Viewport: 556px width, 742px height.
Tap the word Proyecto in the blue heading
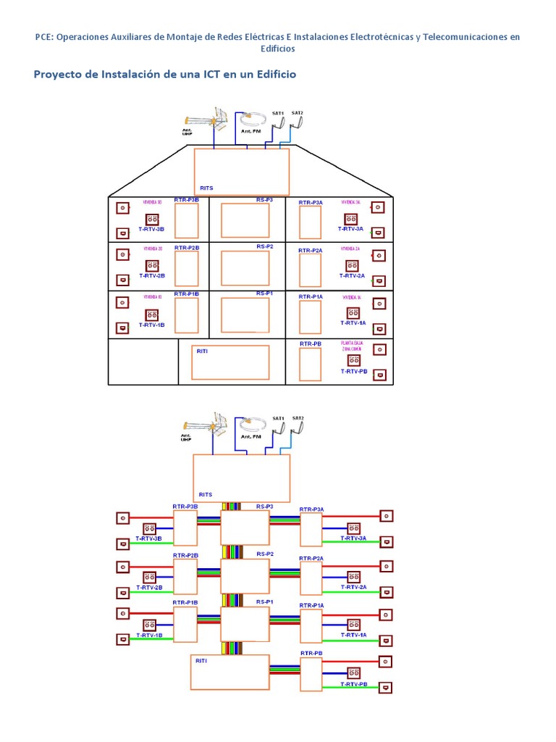pos(60,75)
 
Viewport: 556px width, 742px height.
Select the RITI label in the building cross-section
pos(203,351)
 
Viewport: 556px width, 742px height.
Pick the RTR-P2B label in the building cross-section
pos(186,248)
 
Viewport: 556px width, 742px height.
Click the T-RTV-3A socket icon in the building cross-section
pos(351,219)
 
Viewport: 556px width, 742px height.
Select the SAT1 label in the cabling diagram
pos(278,418)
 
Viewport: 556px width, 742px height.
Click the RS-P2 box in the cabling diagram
pos(245,575)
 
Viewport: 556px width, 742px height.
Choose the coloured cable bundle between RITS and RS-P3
pos(232,507)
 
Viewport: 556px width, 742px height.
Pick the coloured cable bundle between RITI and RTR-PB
pos(284,672)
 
